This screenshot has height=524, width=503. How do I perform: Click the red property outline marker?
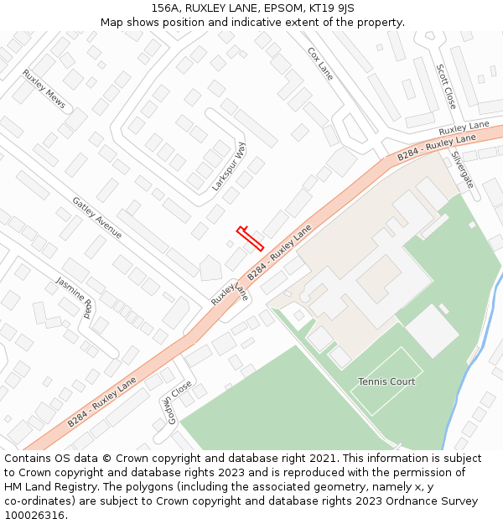[x=251, y=238]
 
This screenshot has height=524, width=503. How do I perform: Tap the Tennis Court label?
[x=386, y=381]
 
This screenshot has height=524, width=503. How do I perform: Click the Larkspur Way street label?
[x=229, y=166]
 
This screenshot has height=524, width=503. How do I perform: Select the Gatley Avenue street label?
[x=97, y=218]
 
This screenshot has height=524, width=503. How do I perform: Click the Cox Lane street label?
[x=320, y=64]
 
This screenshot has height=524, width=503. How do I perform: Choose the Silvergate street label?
[x=462, y=169]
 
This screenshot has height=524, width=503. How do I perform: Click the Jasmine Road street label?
[x=75, y=298]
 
